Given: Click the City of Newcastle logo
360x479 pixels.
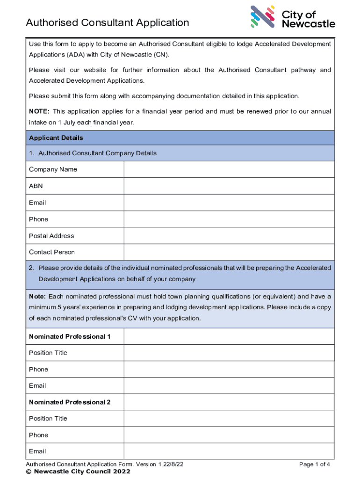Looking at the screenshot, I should pos(293,17).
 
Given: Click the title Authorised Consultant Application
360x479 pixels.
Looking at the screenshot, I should pos(108,22).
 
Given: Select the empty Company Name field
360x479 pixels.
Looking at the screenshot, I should pos(229,169).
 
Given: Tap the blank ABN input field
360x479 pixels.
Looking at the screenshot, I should pos(229,186).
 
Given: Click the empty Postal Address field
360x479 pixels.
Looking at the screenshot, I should pos(229,236).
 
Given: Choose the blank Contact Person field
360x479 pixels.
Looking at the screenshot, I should pos(229,252).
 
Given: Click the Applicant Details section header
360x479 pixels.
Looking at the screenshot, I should pos(56,138).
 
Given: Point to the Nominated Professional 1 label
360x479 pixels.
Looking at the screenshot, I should pos(70,336).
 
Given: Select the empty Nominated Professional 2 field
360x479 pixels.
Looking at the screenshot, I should pos(229,402).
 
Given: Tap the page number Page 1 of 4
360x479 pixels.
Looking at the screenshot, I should pos(315,464).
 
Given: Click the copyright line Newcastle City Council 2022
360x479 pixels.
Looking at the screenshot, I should pos(78,472).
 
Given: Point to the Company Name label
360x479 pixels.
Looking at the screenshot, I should pos(53,169).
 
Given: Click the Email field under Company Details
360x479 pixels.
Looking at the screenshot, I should pos(229,203).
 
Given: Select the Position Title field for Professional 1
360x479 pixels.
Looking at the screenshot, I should pos(229,353).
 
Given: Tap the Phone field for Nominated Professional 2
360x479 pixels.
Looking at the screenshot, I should pos(229,435).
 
